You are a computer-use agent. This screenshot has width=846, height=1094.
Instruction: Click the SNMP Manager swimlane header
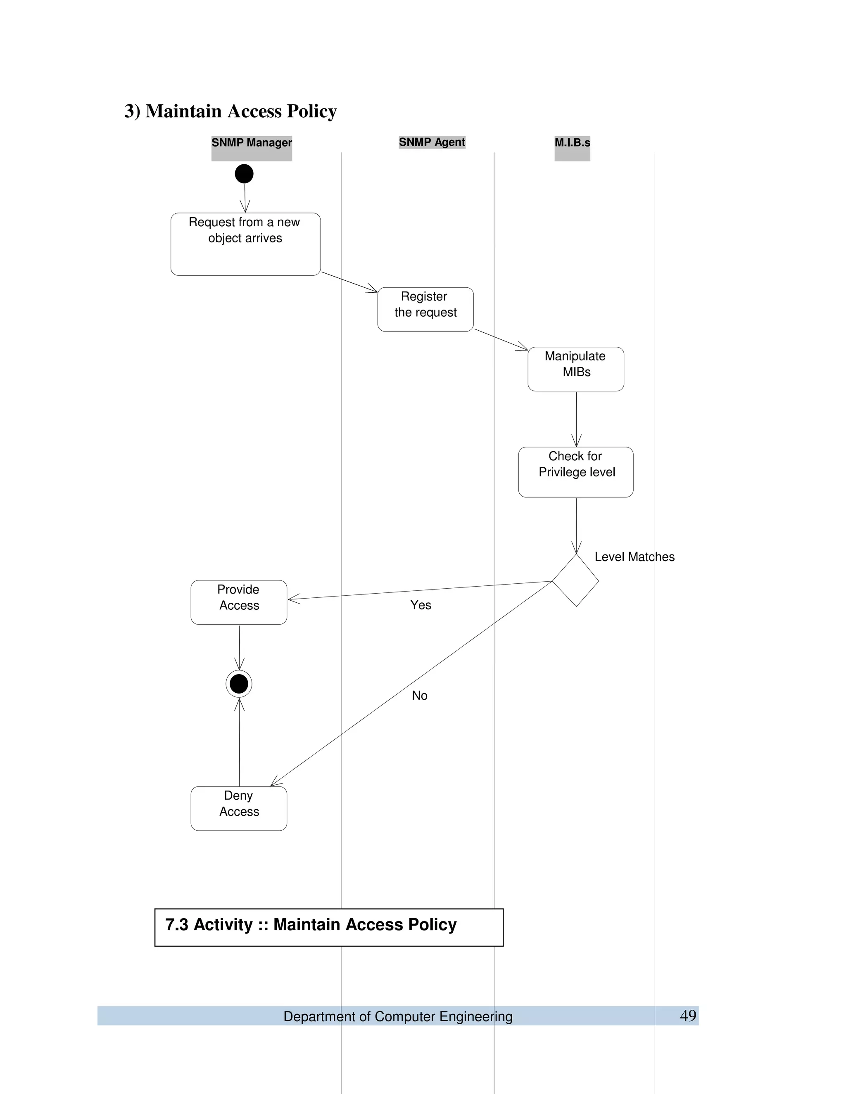pyautogui.click(x=251, y=143)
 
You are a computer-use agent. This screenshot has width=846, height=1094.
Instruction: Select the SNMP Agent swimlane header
pyautogui.click(x=432, y=142)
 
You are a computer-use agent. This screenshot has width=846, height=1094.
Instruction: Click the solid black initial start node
pyautogui.click(x=244, y=174)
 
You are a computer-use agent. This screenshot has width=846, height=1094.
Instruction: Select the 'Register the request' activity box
pyautogui.click(x=425, y=309)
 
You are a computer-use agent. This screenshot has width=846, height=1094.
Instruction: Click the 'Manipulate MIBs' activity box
pyautogui.click(x=575, y=369)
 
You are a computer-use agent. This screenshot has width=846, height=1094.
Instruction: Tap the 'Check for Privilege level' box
pyautogui.click(x=575, y=471)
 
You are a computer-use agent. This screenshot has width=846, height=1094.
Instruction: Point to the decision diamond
pyautogui.click(x=575, y=580)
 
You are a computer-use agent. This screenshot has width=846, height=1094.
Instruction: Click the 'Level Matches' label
pyautogui.click(x=634, y=557)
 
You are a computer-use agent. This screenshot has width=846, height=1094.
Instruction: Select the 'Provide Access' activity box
pyautogui.click(x=239, y=602)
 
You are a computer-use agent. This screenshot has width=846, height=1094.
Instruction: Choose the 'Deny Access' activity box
pyautogui.click(x=239, y=808)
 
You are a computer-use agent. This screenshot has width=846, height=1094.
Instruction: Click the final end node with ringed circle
pyautogui.click(x=239, y=684)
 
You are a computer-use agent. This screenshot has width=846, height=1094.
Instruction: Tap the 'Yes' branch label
pyautogui.click(x=421, y=605)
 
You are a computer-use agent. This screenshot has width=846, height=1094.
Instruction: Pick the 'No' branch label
pyautogui.click(x=420, y=695)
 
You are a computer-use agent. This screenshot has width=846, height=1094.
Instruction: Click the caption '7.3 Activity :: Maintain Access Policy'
pyautogui.click(x=311, y=924)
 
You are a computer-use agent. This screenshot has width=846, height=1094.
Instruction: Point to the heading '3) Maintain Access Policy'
pyautogui.click(x=231, y=111)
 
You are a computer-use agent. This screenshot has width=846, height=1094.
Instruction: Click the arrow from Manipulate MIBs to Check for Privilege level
pyautogui.click(x=576, y=418)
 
